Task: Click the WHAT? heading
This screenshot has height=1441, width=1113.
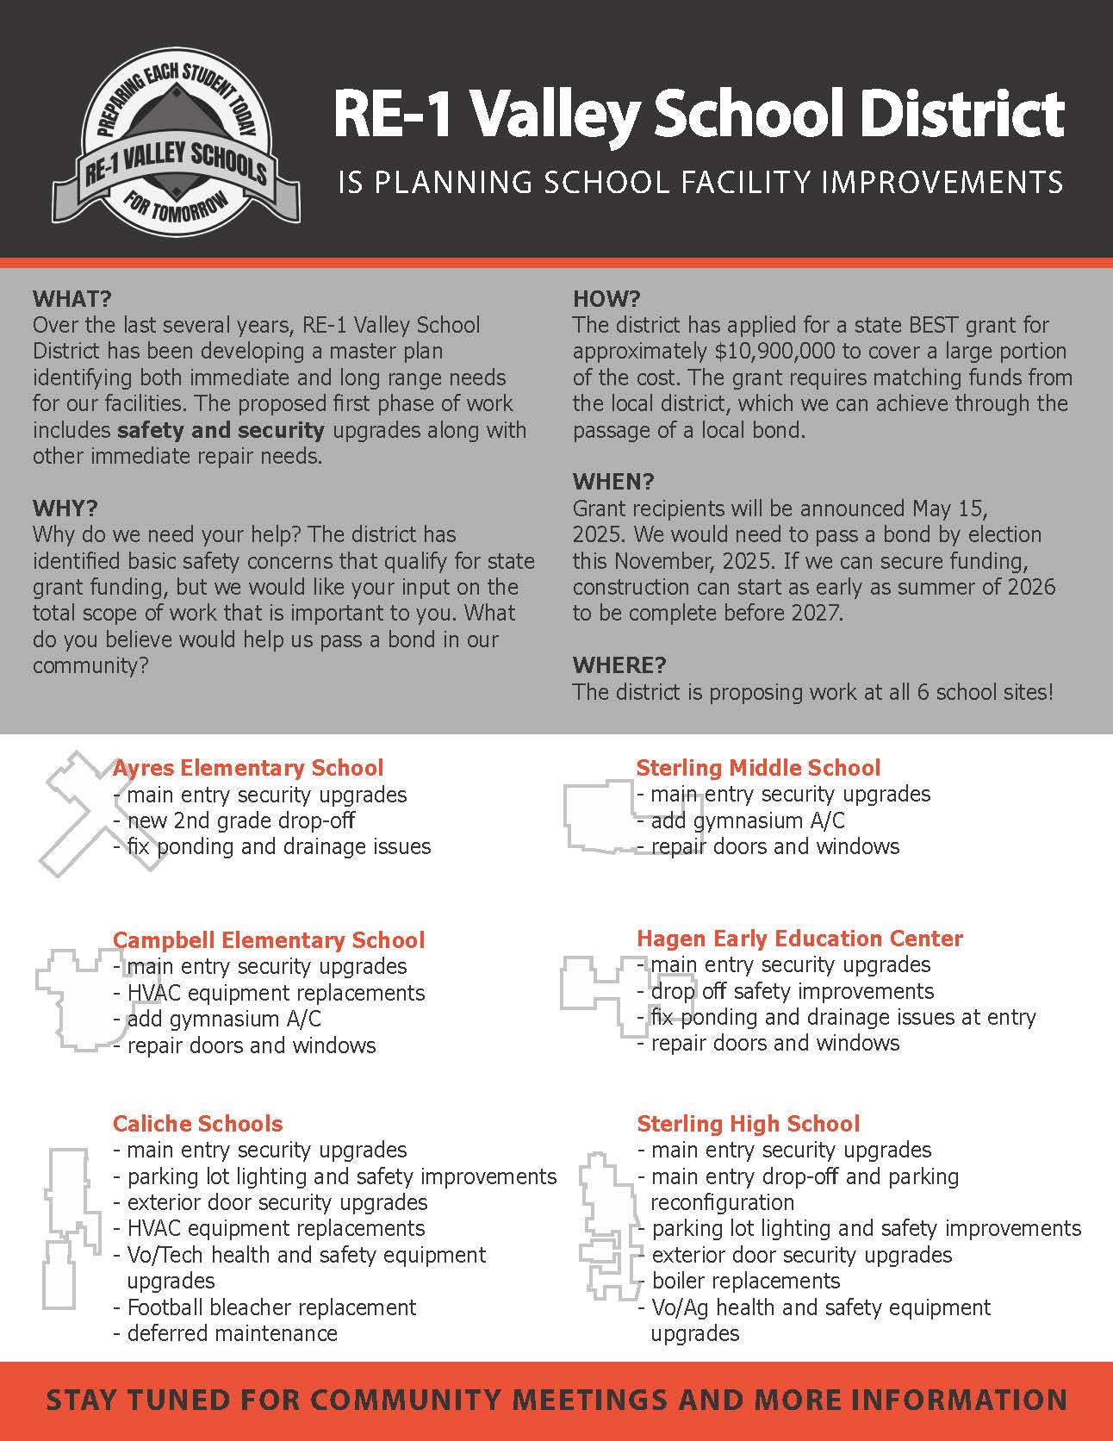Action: [x=72, y=299]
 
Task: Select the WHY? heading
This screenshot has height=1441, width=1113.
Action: [x=65, y=507]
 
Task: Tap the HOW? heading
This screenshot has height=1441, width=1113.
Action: [x=606, y=299]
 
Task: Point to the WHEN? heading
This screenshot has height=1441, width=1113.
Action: [x=613, y=481]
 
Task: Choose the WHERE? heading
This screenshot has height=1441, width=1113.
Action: [x=619, y=664]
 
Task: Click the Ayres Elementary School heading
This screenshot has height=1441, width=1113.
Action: [x=248, y=767]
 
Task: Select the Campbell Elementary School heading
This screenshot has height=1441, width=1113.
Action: [x=269, y=939]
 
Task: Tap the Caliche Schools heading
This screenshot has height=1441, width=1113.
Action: [x=197, y=1123]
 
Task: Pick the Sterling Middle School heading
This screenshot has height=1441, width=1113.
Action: [x=758, y=767]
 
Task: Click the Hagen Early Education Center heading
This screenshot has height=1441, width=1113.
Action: [x=799, y=938]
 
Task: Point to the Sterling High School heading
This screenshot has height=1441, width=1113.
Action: [x=748, y=1123]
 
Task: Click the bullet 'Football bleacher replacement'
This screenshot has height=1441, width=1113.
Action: [x=270, y=1307]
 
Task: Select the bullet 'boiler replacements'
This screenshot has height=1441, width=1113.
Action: [x=745, y=1281]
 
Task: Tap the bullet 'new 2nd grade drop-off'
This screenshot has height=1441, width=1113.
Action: [x=240, y=820]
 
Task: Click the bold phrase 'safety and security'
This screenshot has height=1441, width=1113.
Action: [x=221, y=429]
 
